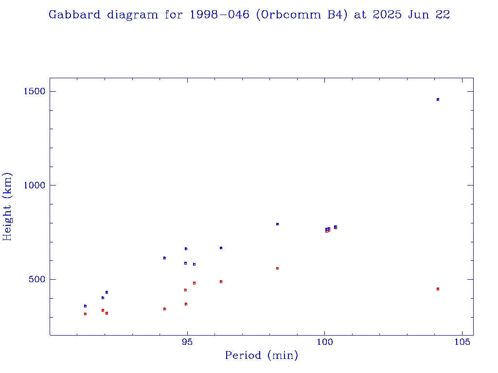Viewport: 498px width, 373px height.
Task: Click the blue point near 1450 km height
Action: click(x=438, y=100)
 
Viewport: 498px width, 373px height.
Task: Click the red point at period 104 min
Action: click(x=438, y=289)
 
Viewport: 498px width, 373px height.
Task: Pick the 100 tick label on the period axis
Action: click(x=324, y=342)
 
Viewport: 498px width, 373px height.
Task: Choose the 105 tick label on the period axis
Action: click(x=462, y=342)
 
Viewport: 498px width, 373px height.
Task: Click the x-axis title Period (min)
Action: click(x=261, y=356)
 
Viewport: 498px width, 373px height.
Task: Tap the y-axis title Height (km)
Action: click(x=8, y=206)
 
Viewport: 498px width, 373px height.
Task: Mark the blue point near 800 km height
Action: click(x=277, y=224)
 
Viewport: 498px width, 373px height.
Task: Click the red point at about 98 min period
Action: click(x=277, y=268)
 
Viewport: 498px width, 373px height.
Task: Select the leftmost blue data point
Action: click(x=85, y=306)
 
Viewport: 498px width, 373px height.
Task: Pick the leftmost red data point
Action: click(x=85, y=314)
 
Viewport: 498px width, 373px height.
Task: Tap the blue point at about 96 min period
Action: click(x=221, y=248)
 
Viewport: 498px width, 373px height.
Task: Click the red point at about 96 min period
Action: click(x=221, y=282)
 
